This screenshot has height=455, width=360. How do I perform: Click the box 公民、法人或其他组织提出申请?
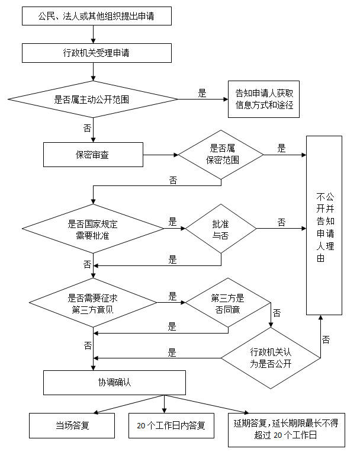[x=97, y=15]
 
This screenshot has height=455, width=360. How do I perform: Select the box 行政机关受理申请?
[x=97, y=53]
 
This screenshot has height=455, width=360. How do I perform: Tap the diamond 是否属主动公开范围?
[x=92, y=99]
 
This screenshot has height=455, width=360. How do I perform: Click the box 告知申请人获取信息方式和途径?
[x=264, y=100]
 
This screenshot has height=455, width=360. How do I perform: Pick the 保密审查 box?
[x=93, y=155]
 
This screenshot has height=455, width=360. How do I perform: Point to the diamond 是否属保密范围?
[x=221, y=155]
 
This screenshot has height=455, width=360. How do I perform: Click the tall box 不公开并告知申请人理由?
[x=324, y=226]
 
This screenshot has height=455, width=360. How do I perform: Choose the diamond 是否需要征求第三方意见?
[x=92, y=303]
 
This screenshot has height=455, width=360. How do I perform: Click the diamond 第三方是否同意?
[x=227, y=303]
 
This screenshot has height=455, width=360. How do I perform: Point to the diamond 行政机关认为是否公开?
[x=271, y=358]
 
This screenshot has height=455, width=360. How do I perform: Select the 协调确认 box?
[x=114, y=382]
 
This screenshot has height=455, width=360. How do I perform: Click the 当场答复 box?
[x=72, y=425]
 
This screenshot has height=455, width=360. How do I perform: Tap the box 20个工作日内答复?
[x=171, y=425]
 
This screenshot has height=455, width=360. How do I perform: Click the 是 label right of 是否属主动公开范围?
[x=202, y=93]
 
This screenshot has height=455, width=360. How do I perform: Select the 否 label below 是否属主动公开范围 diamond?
[x=87, y=127]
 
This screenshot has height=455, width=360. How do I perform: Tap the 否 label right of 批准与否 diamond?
[x=281, y=222]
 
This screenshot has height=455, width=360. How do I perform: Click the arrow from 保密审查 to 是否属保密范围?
[x=160, y=155]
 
